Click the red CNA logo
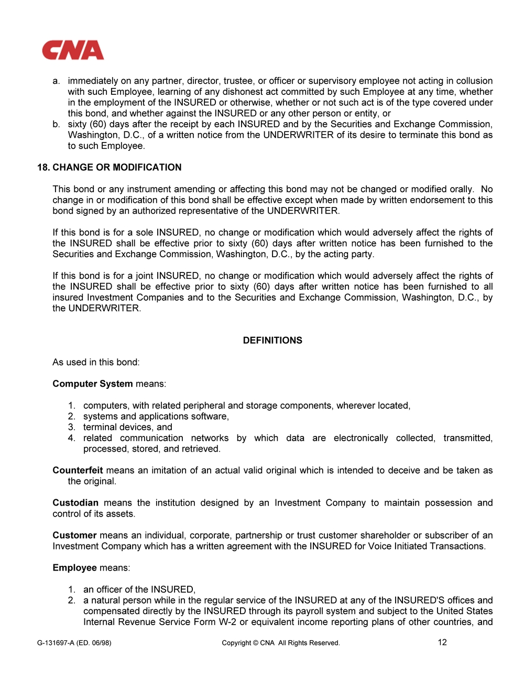(x=73, y=51)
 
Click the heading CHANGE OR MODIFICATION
(x=117, y=167)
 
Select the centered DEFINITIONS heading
(x=272, y=341)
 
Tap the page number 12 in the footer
(x=442, y=642)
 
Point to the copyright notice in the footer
(x=281, y=643)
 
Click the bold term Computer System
(x=92, y=384)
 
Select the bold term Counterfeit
(x=78, y=471)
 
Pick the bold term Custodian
(x=75, y=503)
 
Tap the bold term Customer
(x=74, y=535)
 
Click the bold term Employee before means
(x=74, y=568)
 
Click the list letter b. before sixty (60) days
(x=56, y=124)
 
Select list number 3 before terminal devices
(x=71, y=427)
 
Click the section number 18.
(x=43, y=167)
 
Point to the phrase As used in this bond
(x=96, y=362)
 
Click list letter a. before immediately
(x=56, y=81)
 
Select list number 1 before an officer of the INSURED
(x=71, y=589)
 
